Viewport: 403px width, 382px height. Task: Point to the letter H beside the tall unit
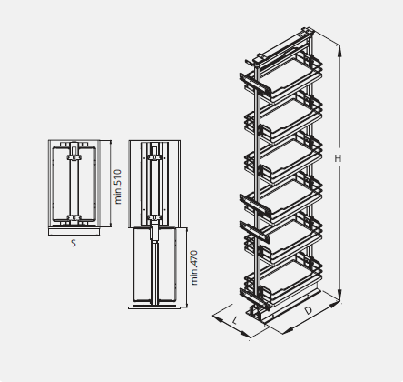[x=338, y=158]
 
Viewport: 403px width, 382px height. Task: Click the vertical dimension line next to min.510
[x=110, y=186]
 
